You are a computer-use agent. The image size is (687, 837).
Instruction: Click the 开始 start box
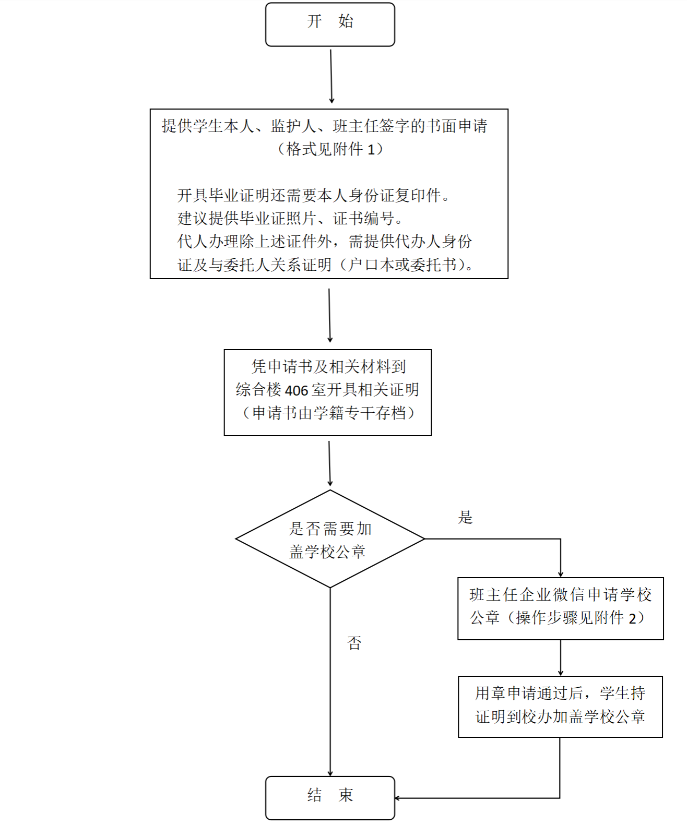coord(330,25)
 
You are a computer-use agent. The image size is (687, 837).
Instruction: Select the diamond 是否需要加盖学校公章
coord(330,539)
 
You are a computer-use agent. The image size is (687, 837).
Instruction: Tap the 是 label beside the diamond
coord(466,517)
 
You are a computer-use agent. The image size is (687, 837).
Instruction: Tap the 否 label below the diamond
coord(354,643)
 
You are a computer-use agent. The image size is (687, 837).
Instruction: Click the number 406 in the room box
coord(296,390)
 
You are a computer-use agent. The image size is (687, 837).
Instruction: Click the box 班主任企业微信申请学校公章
coord(560,608)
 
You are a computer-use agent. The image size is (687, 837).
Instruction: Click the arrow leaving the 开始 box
coord(331,76)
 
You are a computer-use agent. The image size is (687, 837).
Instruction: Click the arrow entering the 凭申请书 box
coord(329,316)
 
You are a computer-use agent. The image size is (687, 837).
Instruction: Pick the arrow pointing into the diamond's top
coord(329,463)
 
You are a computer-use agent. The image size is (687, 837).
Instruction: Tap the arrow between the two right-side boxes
coord(560,658)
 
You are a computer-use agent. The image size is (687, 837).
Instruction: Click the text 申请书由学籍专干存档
coord(329,413)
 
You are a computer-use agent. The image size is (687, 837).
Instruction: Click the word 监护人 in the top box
coord(293,126)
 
